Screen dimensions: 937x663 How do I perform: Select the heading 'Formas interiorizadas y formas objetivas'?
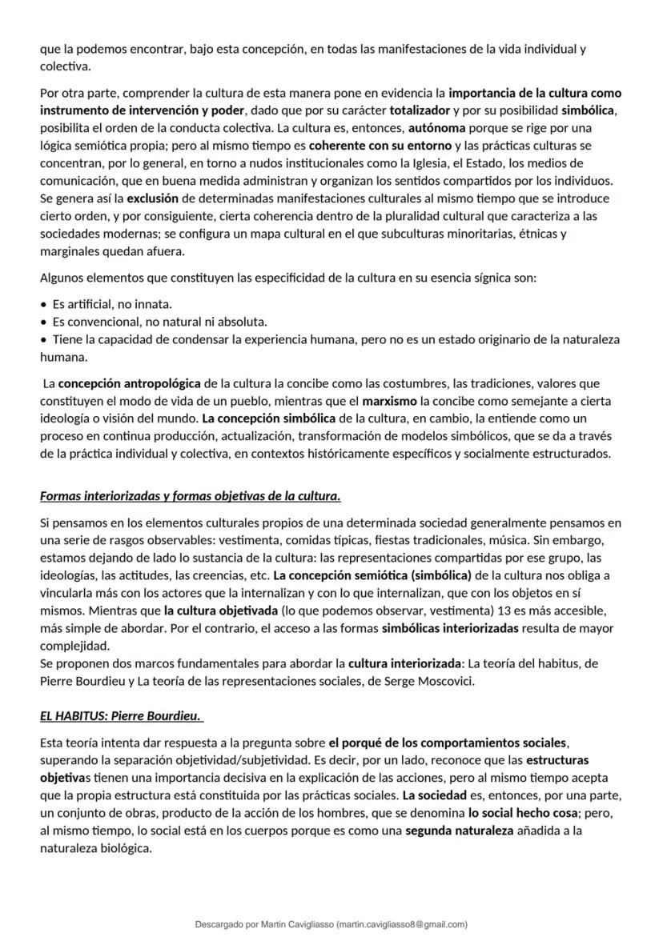(190, 496)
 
